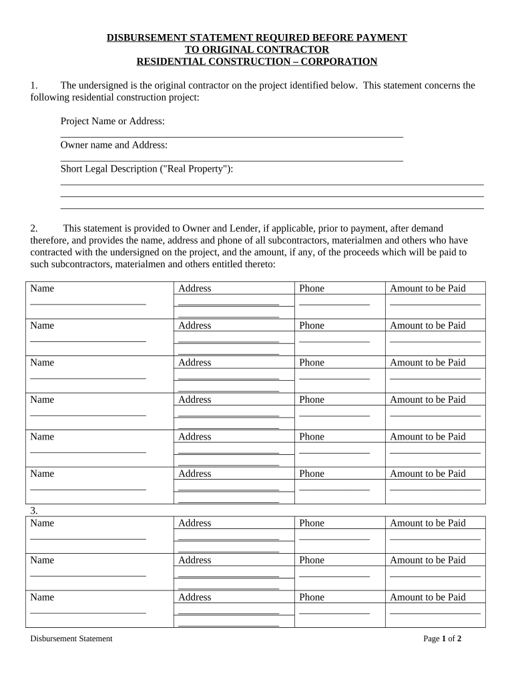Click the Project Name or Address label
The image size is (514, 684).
point(113,122)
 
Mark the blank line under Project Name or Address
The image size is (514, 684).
point(232,136)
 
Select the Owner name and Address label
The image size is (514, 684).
point(114,145)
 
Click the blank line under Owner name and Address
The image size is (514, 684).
point(232,160)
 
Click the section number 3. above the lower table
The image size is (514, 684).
point(34,511)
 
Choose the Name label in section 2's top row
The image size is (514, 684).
point(42,289)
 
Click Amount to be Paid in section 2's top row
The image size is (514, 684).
point(428,289)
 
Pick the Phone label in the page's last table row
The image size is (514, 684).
point(312,597)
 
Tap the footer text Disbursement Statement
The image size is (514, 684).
point(71,639)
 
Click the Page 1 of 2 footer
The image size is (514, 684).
point(443,639)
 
